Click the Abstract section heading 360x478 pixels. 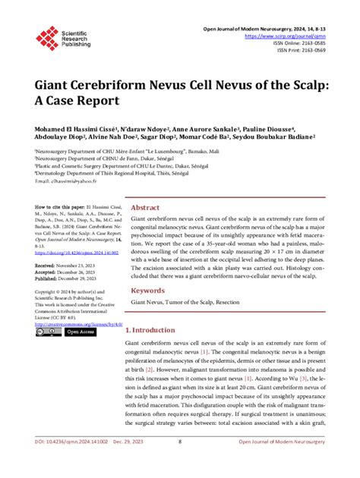point(145,208)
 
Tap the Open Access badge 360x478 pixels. point(79,332)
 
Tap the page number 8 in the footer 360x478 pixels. point(179,462)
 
